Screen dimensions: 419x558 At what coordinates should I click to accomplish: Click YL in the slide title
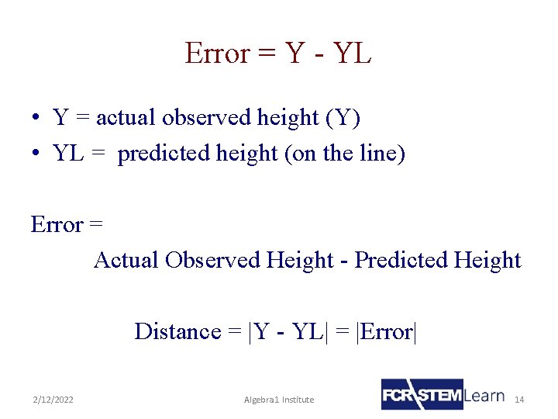pos(352,54)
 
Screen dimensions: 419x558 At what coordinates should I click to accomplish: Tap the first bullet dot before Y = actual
pos(36,119)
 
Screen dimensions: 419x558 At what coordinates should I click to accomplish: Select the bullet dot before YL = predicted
pos(36,154)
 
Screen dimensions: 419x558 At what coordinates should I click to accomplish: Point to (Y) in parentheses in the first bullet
pos(343,118)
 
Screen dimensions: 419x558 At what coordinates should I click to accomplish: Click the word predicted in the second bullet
pos(158,154)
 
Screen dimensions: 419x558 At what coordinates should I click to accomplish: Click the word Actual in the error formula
pos(126,260)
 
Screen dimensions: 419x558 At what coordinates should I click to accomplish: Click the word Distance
pos(177,331)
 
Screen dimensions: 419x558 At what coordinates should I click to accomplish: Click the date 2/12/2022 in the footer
pos(53,400)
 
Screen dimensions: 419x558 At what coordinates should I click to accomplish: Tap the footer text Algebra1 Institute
pos(279,400)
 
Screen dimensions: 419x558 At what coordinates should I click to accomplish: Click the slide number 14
pos(519,400)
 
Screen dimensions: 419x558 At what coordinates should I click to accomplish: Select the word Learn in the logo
pos(484,396)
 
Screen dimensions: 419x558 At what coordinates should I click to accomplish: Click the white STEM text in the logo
pos(440,395)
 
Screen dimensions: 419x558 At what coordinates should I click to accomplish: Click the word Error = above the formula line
pos(67,225)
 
